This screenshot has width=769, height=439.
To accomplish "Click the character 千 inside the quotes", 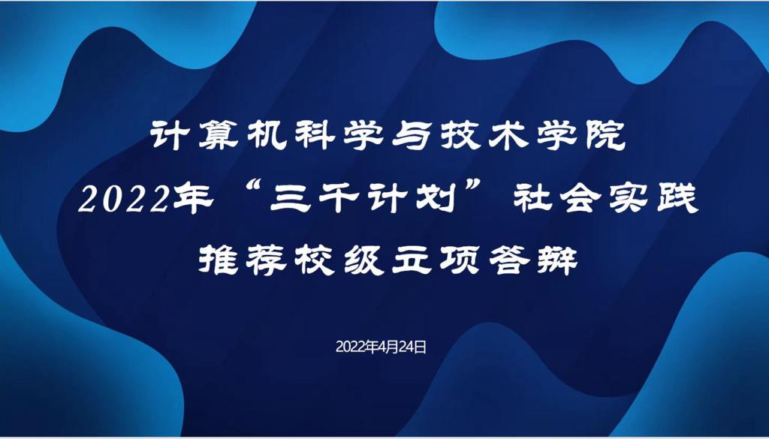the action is [x=339, y=200].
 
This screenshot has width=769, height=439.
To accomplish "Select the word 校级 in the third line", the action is [x=339, y=260].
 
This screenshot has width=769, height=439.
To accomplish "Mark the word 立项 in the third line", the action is [x=436, y=260].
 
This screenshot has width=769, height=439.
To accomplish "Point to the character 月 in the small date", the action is [x=392, y=347].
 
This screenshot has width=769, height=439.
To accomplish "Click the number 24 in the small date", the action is [x=406, y=347].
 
